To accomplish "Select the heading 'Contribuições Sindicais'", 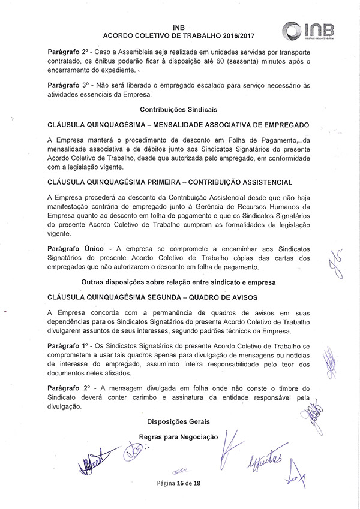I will point(178,110).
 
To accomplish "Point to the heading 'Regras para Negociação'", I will point(178,438).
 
